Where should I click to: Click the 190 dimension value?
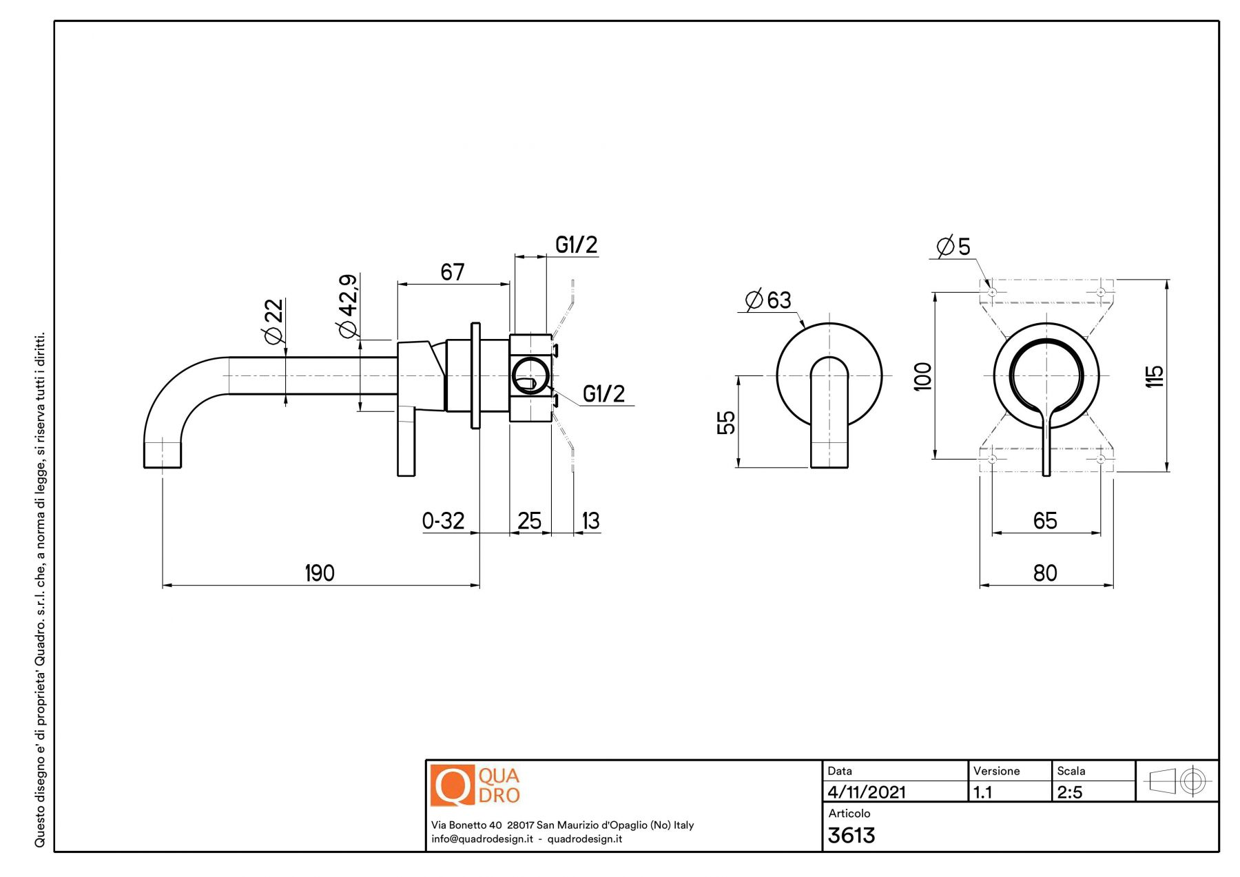point(320,573)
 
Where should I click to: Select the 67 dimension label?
point(453,272)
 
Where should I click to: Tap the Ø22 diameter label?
point(273,321)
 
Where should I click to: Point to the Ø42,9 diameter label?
point(349,306)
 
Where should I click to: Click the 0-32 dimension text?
point(443,521)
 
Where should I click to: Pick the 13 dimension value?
point(590,521)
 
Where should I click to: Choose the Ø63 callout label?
point(769,300)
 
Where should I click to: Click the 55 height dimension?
point(726,422)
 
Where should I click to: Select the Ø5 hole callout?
point(953,247)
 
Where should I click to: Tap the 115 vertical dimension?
point(1155,376)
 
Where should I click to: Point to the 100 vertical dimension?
point(922,377)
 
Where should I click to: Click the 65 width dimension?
point(1045,521)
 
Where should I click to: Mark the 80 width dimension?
point(1045,573)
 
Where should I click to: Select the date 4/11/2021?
point(867,792)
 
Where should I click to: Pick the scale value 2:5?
point(1070,792)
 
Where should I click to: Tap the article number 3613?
point(851,836)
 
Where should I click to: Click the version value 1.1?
point(982,792)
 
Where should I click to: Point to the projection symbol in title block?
point(1177,781)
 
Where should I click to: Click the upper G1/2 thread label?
point(576,245)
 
